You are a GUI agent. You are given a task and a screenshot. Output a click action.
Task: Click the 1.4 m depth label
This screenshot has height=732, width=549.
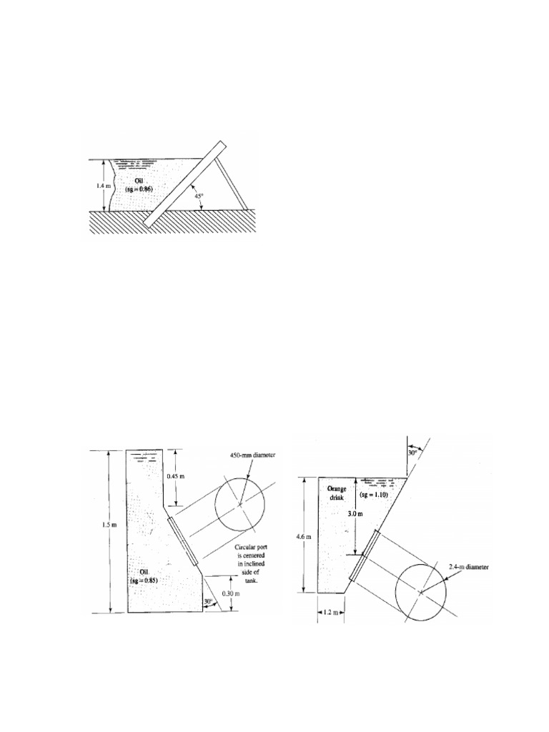(x=97, y=185)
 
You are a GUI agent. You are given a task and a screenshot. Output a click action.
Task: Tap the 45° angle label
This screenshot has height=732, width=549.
(x=199, y=197)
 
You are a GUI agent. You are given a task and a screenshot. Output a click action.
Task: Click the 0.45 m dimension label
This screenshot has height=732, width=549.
(x=176, y=477)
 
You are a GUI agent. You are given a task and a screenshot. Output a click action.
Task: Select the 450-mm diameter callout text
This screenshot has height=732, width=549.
(x=253, y=455)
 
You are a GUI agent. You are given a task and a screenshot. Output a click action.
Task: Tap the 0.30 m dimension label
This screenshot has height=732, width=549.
(x=231, y=593)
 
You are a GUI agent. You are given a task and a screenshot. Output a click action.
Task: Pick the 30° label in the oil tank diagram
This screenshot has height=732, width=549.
(x=209, y=600)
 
